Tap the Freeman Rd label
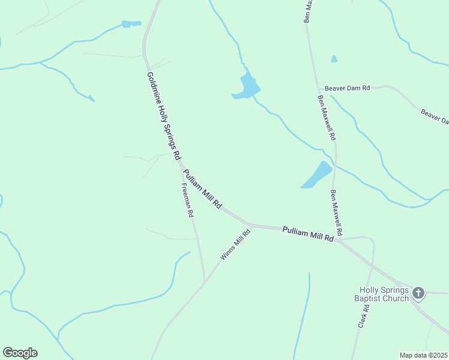coord(187,200)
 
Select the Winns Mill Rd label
coord(235,245)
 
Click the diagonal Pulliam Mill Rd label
coord(202,189)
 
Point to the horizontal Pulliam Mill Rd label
coord(307,233)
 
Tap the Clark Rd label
coord(363,316)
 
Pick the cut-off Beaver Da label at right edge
coord(435,116)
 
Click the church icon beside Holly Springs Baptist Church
coord(418,293)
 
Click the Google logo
coord(20,353)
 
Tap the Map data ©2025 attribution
coord(424,355)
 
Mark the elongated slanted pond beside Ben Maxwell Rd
coord(316,175)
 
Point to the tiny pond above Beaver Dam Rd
coord(334,59)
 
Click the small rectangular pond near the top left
coord(130,24)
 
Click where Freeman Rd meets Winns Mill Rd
coord(204,282)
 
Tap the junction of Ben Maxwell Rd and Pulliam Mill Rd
coord(338,241)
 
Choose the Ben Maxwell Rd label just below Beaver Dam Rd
coord(326,118)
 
